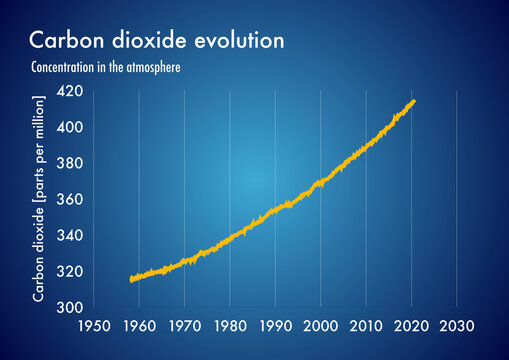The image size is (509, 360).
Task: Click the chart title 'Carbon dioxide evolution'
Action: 157,40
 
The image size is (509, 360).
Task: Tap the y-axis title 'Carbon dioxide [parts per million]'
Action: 39,199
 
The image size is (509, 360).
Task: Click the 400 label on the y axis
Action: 70,128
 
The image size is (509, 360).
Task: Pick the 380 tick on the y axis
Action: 70,163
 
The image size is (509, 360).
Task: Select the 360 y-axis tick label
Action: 70,199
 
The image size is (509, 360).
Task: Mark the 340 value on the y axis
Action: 70,235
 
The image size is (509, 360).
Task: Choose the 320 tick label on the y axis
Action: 70,271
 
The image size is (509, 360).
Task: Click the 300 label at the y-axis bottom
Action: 70,307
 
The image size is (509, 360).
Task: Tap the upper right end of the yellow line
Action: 414,101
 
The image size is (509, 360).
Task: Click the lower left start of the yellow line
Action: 132,280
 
